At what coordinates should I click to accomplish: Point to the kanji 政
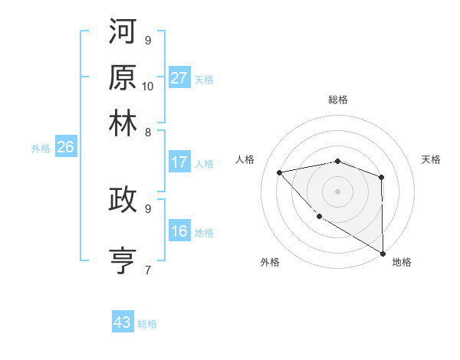tap(123, 199)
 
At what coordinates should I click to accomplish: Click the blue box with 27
tap(179, 78)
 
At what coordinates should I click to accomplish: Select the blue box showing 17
tap(179, 162)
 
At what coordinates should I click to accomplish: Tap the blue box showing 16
tap(179, 231)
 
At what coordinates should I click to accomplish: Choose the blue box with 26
tap(65, 148)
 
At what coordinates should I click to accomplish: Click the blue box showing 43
tap(123, 322)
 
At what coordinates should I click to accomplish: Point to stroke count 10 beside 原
tap(148, 86)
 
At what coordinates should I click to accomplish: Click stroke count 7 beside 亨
tap(148, 269)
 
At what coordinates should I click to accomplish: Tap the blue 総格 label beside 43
tap(148, 324)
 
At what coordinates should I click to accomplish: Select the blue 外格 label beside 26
tap(40, 149)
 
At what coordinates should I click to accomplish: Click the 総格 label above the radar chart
tap(338, 100)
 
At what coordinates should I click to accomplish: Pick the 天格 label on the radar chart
tap(431, 159)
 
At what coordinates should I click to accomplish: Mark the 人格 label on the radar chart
tap(245, 159)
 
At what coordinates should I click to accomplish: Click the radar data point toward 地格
tap(383, 253)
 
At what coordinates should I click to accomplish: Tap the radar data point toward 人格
tap(280, 172)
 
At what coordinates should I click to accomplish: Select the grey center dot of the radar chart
tap(337, 191)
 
